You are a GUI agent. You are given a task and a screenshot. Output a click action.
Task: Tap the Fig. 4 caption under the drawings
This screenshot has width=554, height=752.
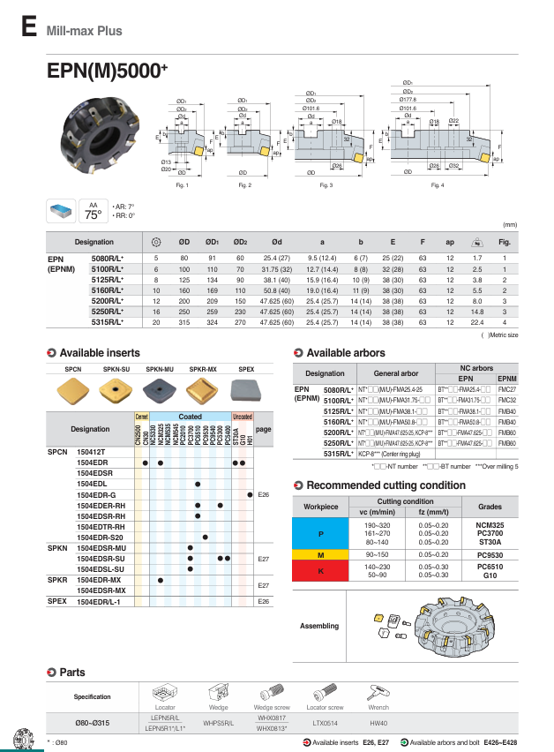tap(438, 185)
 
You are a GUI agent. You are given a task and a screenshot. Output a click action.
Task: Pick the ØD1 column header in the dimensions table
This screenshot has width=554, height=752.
tap(212, 241)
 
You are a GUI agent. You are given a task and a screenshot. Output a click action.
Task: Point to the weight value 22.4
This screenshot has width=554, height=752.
tap(476, 323)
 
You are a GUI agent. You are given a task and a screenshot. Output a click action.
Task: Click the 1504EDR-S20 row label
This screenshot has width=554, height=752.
tap(97, 537)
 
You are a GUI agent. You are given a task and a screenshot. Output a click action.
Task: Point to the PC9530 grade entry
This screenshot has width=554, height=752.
tap(490, 553)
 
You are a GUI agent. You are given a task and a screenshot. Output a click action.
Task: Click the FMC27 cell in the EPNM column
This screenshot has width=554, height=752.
tap(506, 388)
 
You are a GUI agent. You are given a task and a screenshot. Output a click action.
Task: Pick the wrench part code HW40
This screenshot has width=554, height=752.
tap(378, 723)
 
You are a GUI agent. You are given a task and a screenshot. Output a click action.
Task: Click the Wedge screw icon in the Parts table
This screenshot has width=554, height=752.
tap(271, 693)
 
